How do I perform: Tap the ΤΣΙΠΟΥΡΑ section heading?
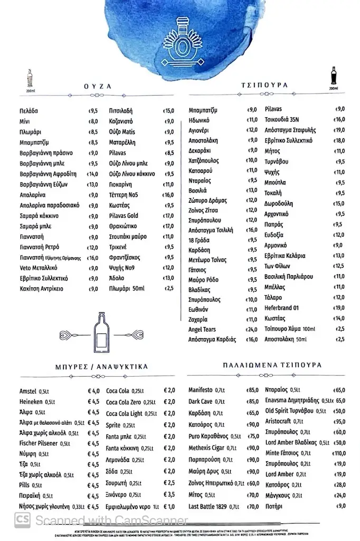click(x=265, y=85)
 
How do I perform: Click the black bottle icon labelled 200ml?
click(x=333, y=77)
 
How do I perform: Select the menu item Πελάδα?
click(x=28, y=111)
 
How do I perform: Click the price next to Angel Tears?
click(x=251, y=329)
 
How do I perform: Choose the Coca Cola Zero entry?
click(x=130, y=402)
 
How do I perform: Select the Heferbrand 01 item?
click(x=282, y=308)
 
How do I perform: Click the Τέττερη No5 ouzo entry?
click(x=124, y=195)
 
